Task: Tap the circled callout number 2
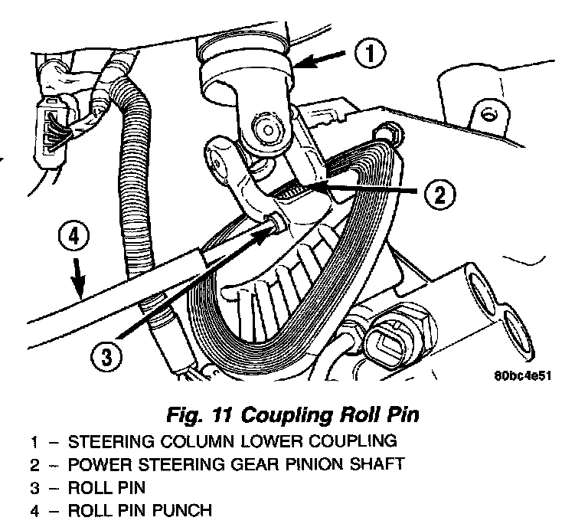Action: coord(437,195)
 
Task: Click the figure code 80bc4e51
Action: coord(524,376)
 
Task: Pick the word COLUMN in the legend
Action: coord(173,441)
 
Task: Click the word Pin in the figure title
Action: coord(400,416)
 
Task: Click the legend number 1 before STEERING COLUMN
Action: coord(34,441)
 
